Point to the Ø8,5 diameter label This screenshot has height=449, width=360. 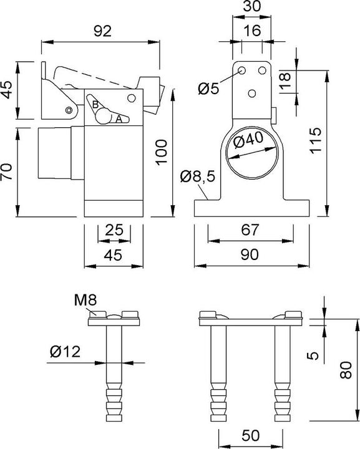pos(197,177)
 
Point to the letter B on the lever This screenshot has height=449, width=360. pos(95,104)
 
